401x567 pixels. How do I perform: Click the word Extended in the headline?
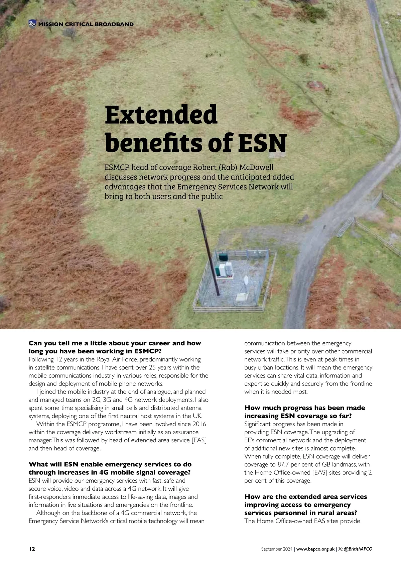click(161, 115)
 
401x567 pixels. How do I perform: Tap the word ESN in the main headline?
click(262, 143)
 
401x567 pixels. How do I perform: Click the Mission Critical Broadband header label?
click(86, 24)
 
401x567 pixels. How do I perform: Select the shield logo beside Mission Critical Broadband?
click(32, 24)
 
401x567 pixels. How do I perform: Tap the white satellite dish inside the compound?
click(246, 279)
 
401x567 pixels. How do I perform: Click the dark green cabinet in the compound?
click(223, 257)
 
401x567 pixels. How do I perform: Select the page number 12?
click(32, 549)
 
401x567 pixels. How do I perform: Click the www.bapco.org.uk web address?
click(315, 549)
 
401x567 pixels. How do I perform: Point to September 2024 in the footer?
click(277, 549)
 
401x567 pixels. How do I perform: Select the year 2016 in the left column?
click(199, 424)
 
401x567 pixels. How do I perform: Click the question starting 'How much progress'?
click(304, 412)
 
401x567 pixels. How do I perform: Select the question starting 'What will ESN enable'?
click(110, 468)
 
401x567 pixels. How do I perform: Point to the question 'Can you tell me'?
click(115, 347)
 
